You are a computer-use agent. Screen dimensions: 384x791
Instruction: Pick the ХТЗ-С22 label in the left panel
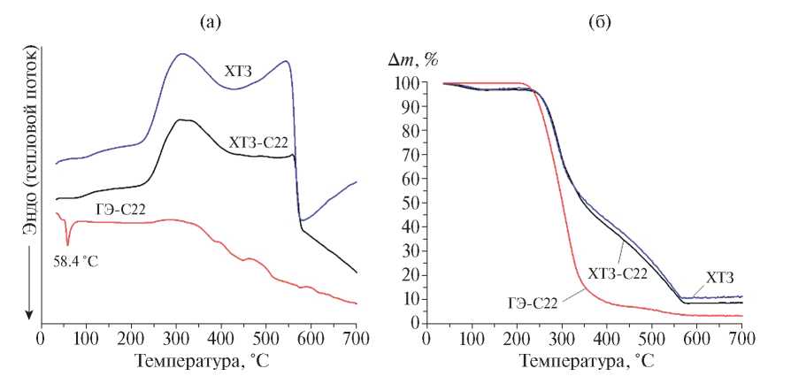click(x=258, y=142)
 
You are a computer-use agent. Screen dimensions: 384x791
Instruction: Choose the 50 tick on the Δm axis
click(x=410, y=203)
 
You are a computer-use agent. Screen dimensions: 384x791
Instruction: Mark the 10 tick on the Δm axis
click(x=410, y=298)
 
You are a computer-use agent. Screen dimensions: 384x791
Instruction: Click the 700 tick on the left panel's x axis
click(x=356, y=338)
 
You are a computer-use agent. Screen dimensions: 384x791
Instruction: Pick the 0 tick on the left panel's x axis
click(x=41, y=338)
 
